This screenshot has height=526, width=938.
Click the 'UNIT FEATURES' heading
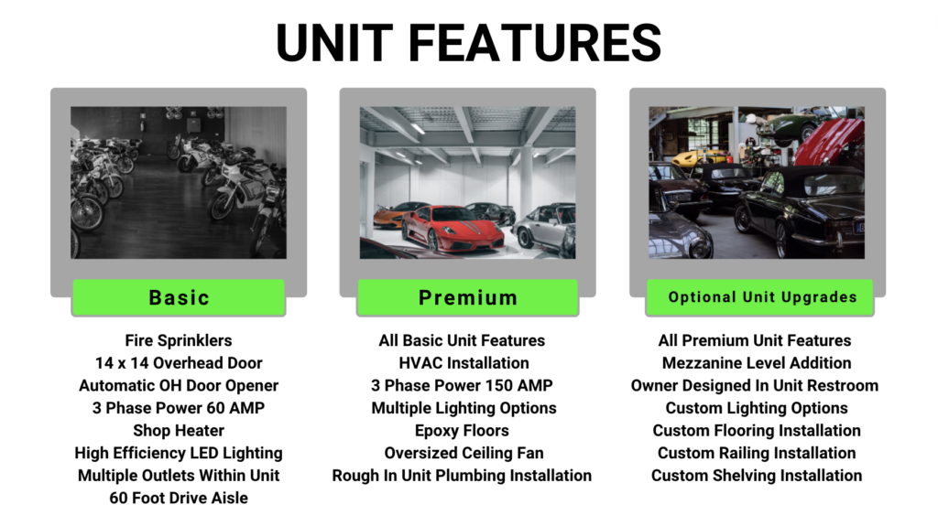point(468,43)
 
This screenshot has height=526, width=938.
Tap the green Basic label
point(179,297)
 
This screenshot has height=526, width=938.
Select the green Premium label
point(468,297)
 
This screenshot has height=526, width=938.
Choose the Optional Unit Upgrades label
point(759,297)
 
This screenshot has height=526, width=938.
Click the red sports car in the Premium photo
point(453,228)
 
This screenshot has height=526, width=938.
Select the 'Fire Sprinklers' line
point(179,340)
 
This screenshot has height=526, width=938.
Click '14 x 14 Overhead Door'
point(179,363)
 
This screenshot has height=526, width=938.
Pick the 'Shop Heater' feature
point(179,431)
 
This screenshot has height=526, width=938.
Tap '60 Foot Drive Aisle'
point(179,499)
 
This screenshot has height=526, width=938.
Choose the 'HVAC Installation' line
point(464,363)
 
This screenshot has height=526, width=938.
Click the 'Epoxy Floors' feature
point(462,431)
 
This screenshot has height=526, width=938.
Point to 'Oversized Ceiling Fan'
point(464,453)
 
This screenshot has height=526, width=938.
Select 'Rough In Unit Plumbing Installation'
point(462,476)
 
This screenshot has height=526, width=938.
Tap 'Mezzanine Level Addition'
point(757,363)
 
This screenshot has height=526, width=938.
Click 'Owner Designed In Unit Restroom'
point(755,385)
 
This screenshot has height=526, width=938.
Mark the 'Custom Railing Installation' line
point(757,453)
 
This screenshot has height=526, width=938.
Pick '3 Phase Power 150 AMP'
point(462,385)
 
